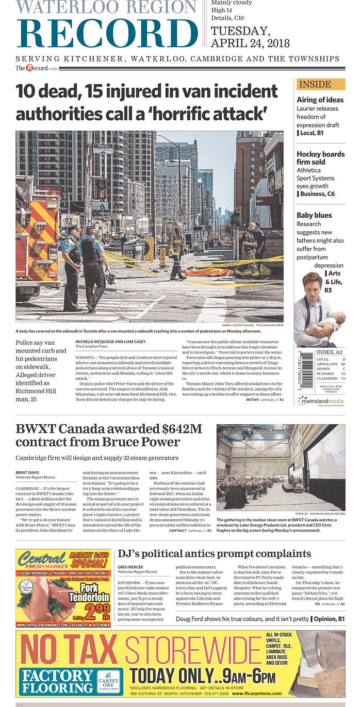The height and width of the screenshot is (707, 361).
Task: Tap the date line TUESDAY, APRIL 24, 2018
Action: pos(250,37)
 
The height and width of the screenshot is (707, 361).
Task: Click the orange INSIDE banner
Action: pos(320,84)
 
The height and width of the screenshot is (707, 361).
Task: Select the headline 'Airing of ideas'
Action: pos(320,100)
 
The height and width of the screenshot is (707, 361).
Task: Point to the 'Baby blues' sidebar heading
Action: pos(314,215)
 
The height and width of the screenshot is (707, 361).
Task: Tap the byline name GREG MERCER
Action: pos(130,566)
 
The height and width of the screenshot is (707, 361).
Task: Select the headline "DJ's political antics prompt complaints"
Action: pos(214,554)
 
